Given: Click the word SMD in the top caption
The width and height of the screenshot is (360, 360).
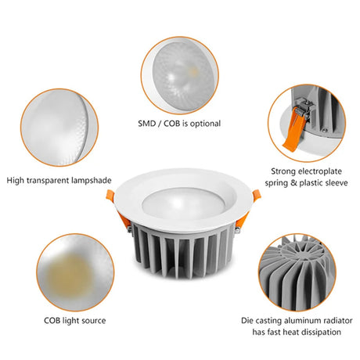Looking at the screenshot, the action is pyautogui.click(x=146, y=124).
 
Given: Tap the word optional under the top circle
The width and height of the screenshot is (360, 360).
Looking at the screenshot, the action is pyautogui.click(x=205, y=124).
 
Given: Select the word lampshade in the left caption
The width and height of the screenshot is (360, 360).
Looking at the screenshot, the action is pyautogui.click(x=92, y=181).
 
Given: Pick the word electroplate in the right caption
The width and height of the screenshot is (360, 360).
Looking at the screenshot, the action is pyautogui.click(x=320, y=171).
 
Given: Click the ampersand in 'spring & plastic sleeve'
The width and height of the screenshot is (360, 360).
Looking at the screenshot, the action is pyautogui.click(x=293, y=183).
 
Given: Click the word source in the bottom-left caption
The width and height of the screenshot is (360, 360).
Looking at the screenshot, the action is pyautogui.click(x=94, y=321).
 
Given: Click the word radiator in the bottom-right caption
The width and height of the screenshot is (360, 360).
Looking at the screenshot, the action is pyautogui.click(x=335, y=321).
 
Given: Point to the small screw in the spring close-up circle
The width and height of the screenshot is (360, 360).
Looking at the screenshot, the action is pyautogui.click(x=324, y=130).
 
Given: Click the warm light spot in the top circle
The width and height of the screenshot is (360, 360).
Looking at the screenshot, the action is pyautogui.click(x=193, y=70).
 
